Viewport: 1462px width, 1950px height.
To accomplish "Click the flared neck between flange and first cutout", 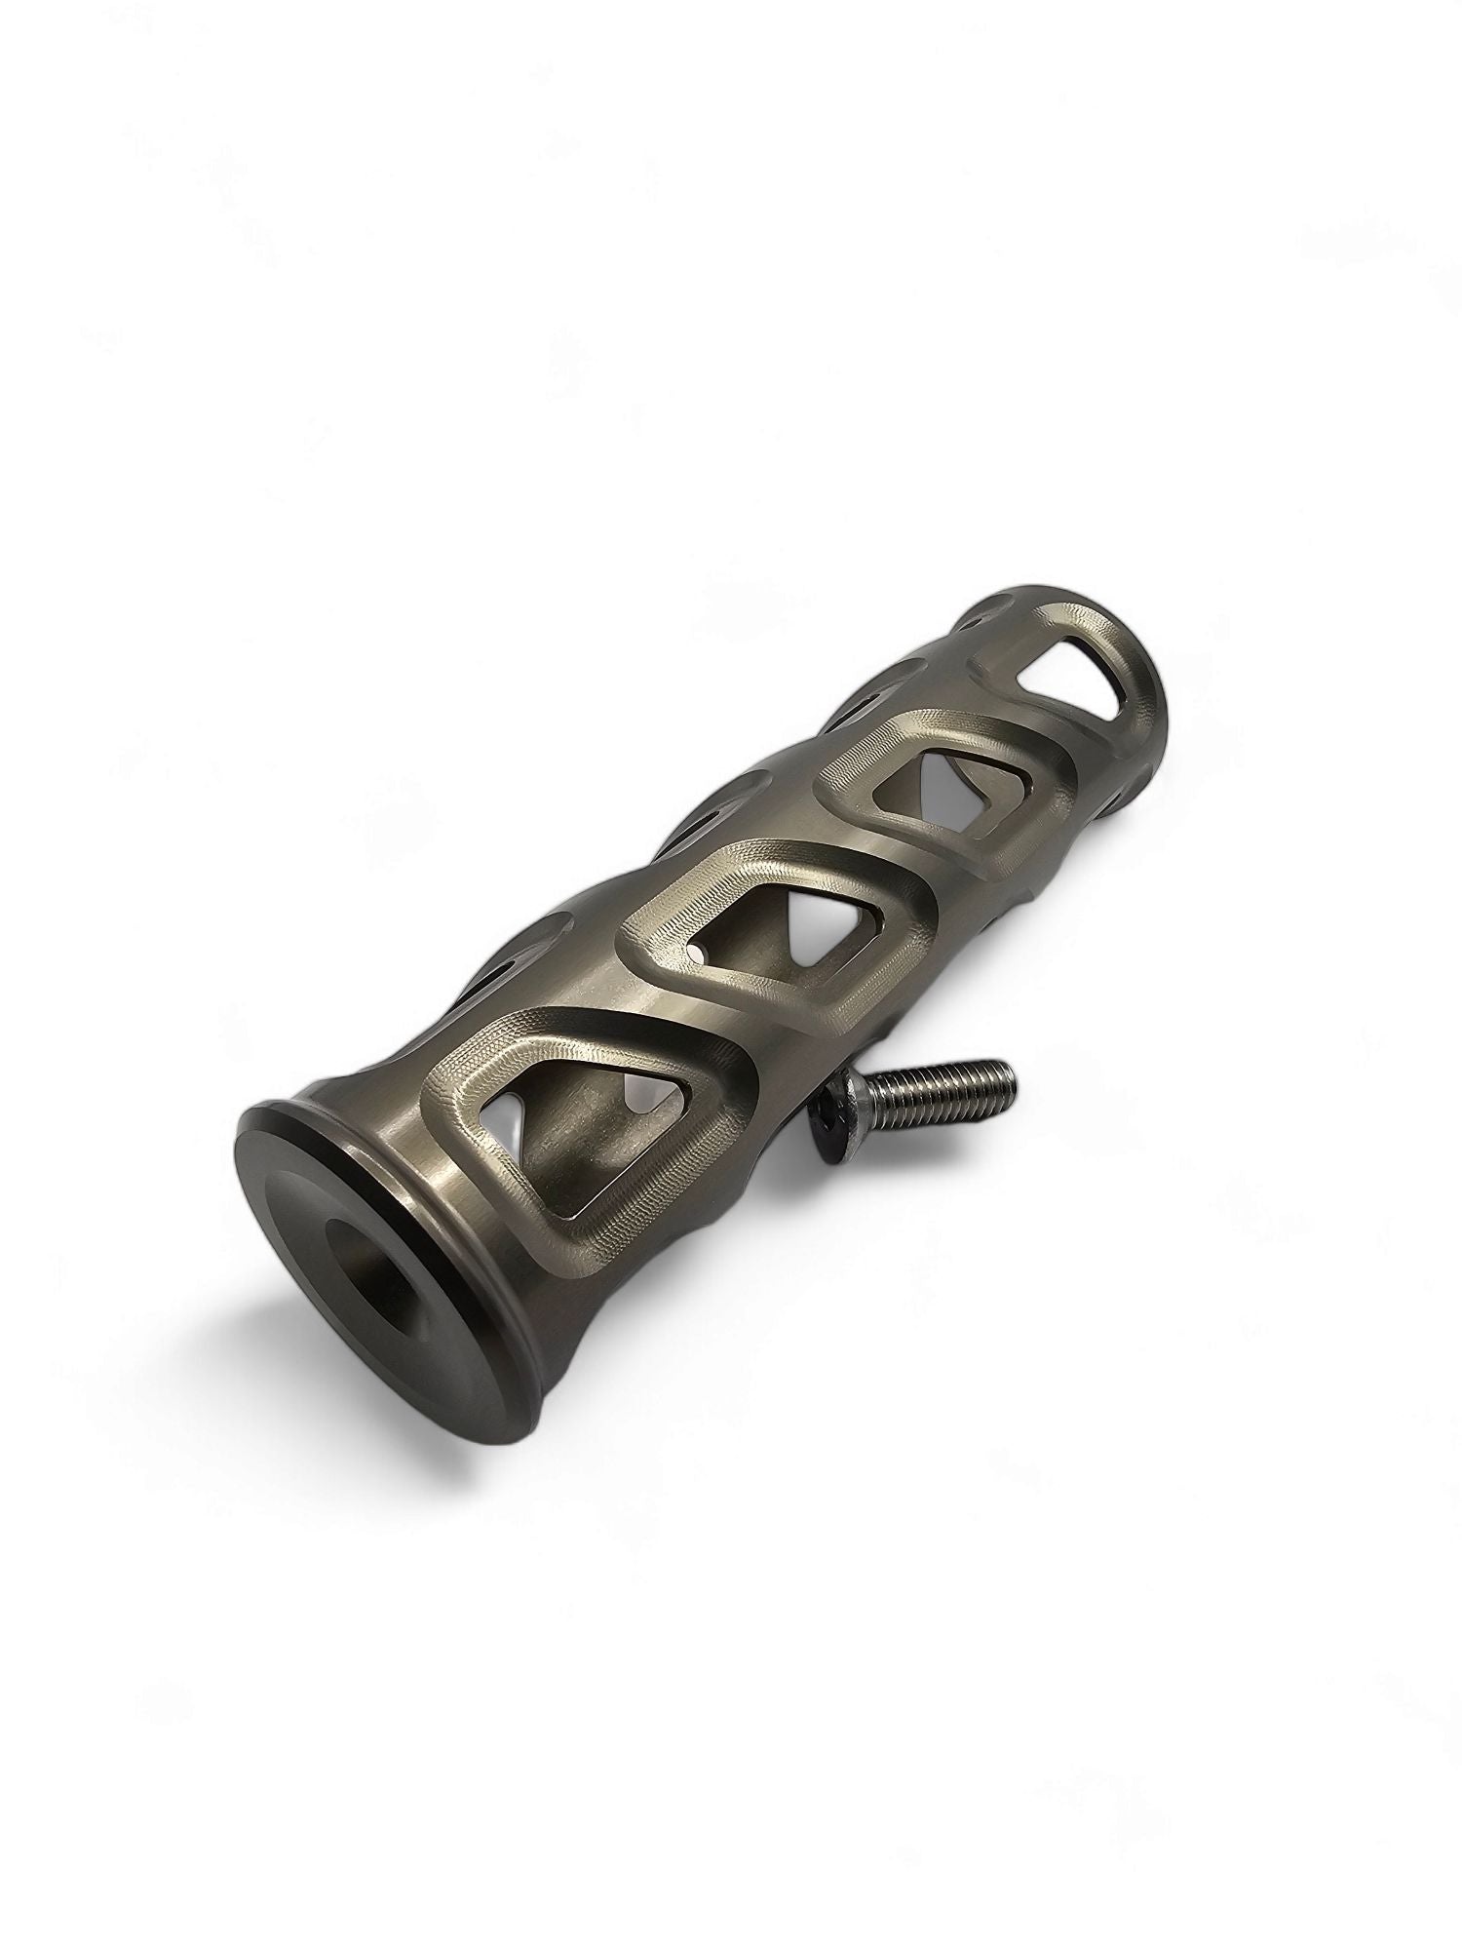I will pos(429,1111).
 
